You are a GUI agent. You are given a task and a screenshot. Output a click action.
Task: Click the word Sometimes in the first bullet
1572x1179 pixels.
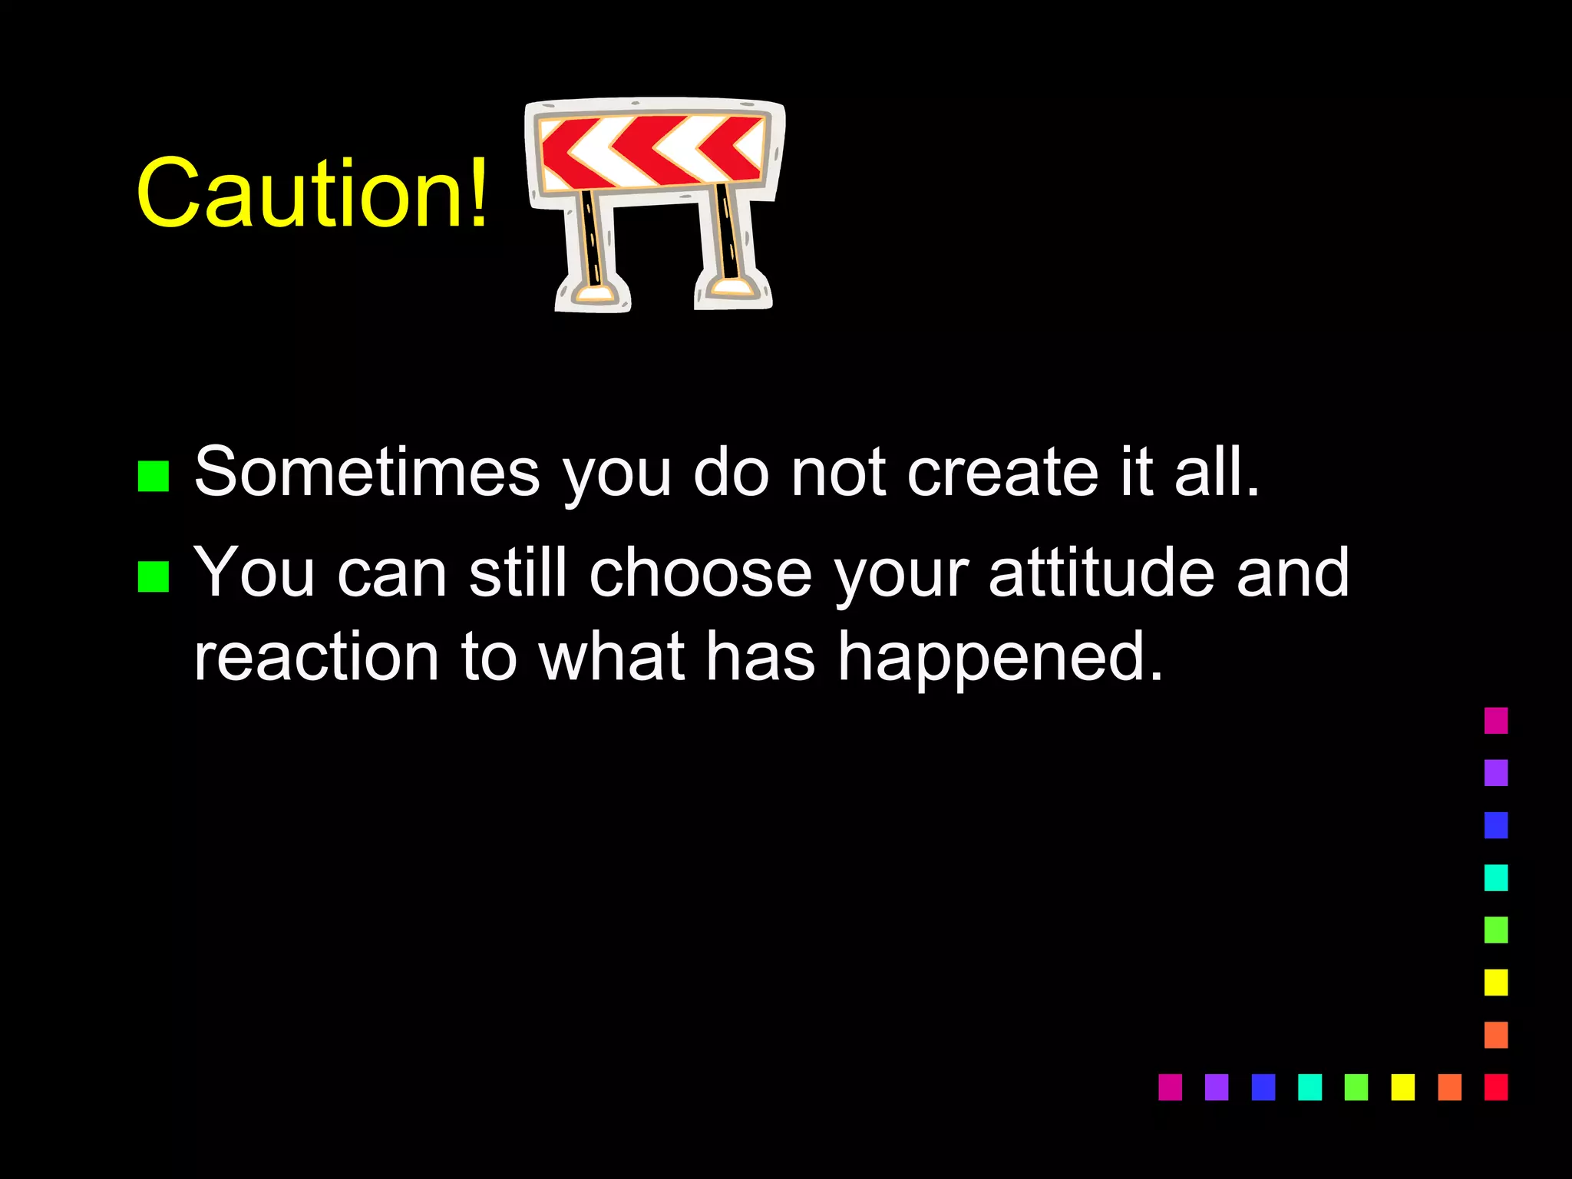coord(367,471)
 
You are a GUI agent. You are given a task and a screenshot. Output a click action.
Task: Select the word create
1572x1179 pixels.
coord(1002,471)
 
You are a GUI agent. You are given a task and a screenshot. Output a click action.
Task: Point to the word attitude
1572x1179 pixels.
coord(1101,572)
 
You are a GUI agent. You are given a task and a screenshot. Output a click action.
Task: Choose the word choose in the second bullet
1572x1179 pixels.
coord(700,572)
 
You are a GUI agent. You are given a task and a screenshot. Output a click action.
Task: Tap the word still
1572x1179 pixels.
coord(517,572)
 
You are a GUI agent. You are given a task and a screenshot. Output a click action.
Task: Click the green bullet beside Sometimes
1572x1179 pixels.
coord(154,476)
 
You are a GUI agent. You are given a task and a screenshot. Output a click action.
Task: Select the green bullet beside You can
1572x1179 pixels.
coord(154,577)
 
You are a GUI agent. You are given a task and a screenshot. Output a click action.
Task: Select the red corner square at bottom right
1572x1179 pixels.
coord(1496,1087)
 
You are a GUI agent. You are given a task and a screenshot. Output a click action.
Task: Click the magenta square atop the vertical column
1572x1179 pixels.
coord(1496,721)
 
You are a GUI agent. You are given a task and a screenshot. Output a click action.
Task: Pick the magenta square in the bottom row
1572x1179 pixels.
coord(1170,1087)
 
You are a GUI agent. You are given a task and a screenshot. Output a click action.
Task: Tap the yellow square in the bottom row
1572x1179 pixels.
coord(1402,1087)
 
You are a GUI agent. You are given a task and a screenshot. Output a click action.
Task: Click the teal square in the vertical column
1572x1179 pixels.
coord(1496,877)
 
